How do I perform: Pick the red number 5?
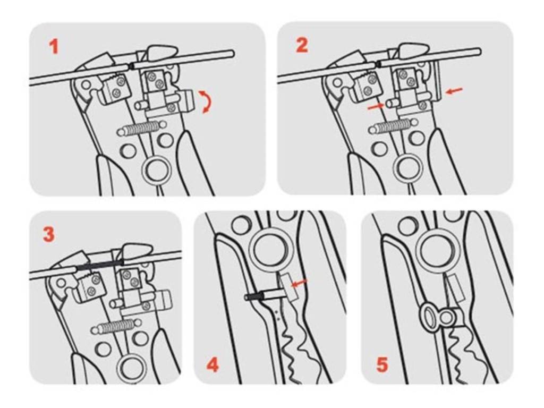[x=382, y=364]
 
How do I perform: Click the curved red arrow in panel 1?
[x=205, y=101]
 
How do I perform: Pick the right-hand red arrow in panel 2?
[x=454, y=90]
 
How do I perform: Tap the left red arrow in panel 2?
[x=376, y=107]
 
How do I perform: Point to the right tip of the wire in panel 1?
[x=234, y=53]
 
